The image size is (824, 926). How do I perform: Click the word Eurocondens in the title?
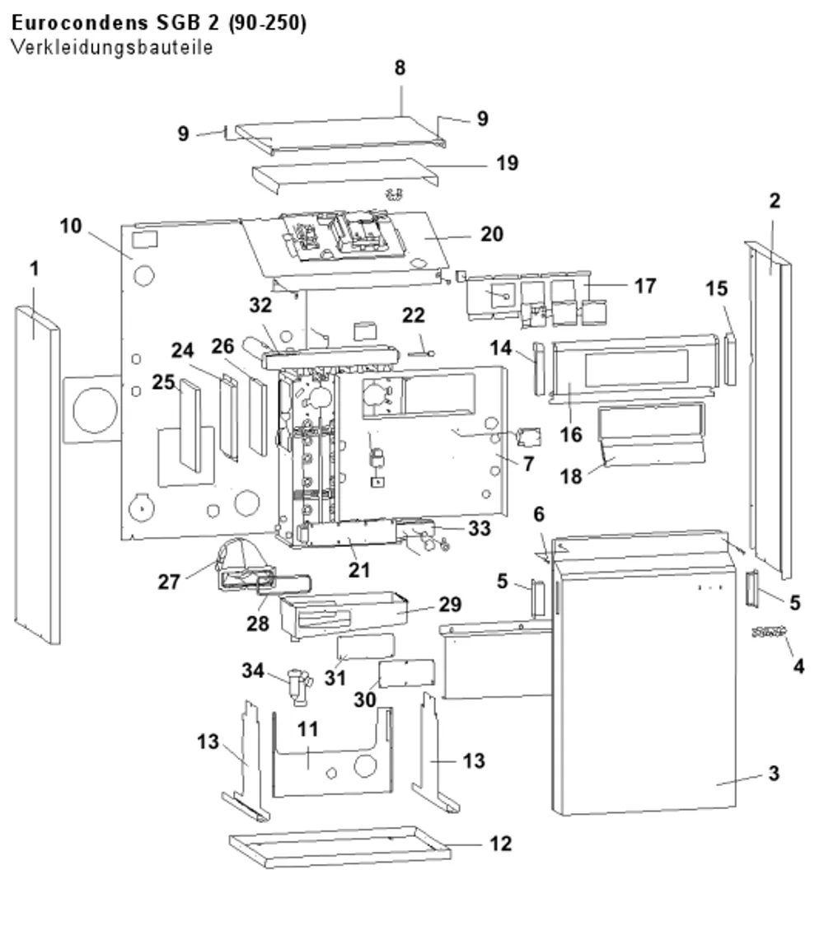point(80,22)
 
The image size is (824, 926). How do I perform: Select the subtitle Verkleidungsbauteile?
point(111,47)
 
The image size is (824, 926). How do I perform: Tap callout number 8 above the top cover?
point(400,68)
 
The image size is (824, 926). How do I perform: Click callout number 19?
point(507,163)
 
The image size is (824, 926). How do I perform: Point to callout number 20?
point(491,234)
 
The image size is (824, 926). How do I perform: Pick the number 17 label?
point(645,286)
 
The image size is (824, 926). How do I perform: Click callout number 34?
point(253,671)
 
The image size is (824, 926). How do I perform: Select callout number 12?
point(500,844)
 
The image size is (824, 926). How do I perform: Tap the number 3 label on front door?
point(774,773)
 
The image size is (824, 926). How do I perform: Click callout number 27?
point(168,582)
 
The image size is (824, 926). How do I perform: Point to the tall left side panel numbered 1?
point(37,475)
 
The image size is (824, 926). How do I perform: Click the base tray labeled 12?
point(340,847)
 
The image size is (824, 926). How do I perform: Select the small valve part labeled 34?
point(298,687)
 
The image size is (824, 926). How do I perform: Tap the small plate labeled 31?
point(366,646)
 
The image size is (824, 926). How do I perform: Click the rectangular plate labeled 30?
point(406,674)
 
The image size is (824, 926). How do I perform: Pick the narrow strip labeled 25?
point(190,426)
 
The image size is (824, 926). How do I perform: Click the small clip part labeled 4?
point(769,632)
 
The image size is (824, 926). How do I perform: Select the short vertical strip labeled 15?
point(730,359)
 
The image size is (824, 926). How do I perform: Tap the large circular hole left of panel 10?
point(95,409)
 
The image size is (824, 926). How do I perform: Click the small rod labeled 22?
point(421,353)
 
